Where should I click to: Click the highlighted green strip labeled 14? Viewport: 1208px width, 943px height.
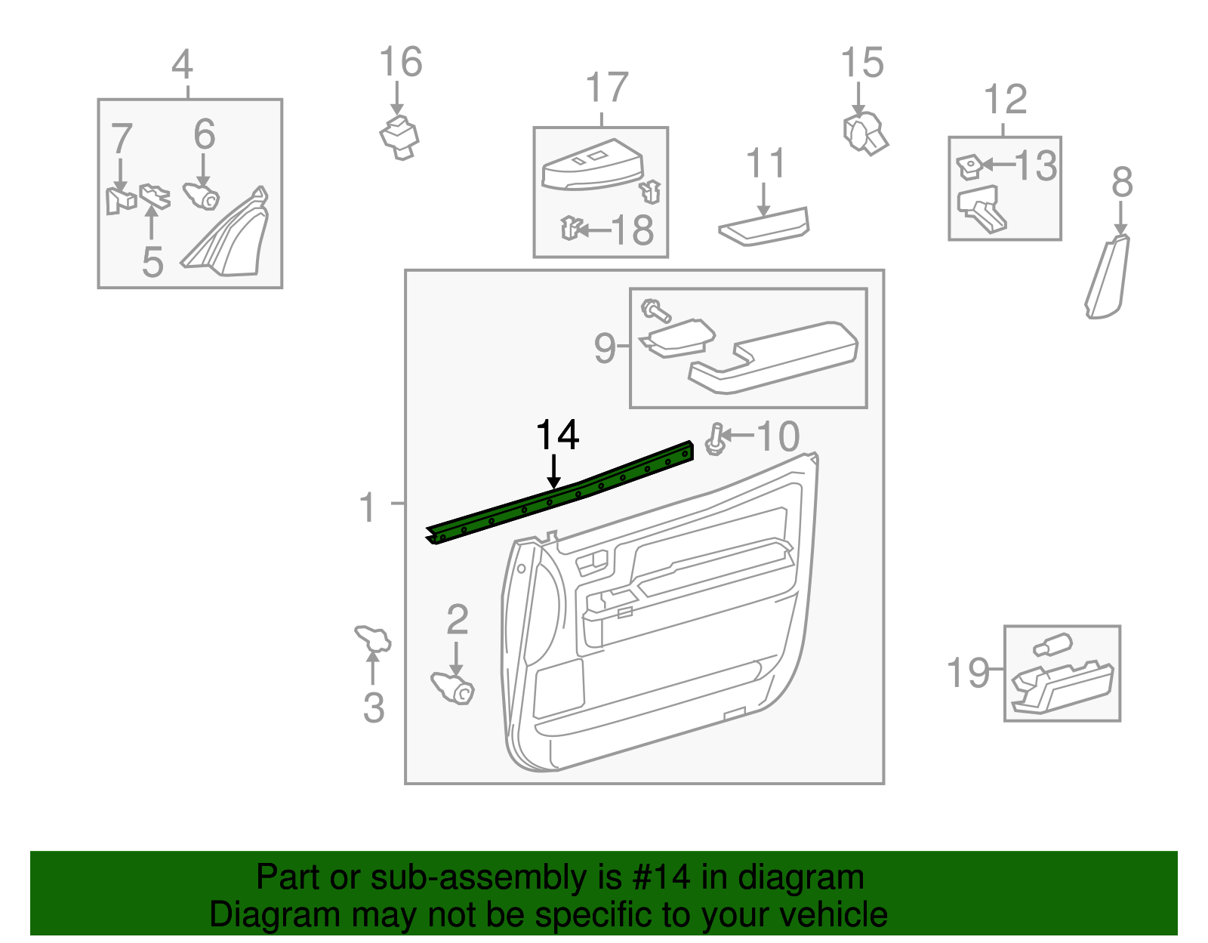(x=559, y=495)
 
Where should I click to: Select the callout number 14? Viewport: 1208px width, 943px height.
(x=557, y=436)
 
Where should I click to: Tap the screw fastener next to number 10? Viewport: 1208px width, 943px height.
(x=715, y=440)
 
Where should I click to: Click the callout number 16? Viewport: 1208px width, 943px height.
(x=400, y=62)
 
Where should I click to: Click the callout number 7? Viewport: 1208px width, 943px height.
(x=122, y=139)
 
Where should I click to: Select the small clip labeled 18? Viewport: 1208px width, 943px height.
(x=572, y=227)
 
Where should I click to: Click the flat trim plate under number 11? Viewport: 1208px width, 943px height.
(x=764, y=227)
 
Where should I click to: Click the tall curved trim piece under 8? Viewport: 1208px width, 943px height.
(x=1108, y=277)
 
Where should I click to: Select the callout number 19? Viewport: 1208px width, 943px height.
(x=967, y=672)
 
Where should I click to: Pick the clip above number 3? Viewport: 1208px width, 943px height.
(x=372, y=639)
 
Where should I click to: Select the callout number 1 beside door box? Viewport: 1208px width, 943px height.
(x=367, y=507)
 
